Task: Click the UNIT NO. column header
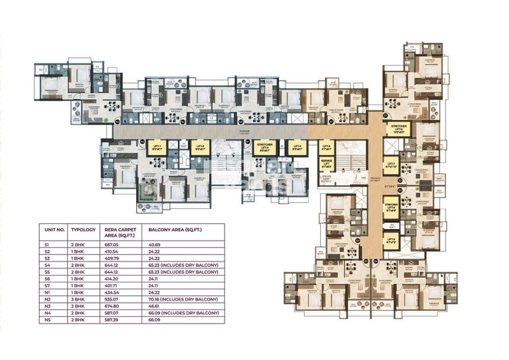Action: point(53,230)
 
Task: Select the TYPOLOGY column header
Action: point(84,230)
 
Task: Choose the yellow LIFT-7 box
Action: point(390,165)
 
